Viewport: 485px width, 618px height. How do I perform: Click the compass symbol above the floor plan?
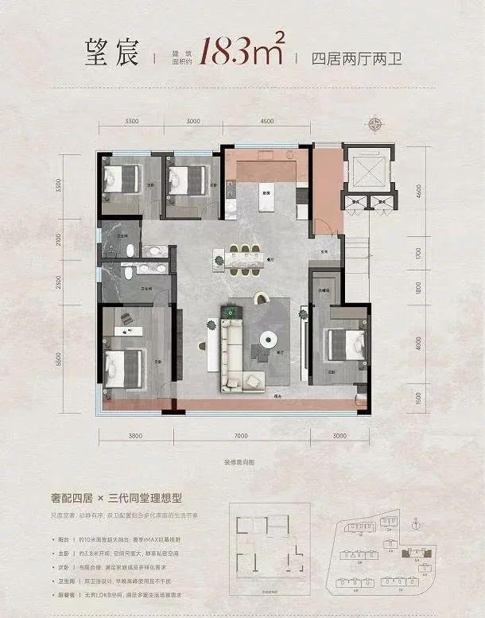(x=376, y=124)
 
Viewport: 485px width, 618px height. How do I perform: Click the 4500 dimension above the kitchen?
(x=267, y=120)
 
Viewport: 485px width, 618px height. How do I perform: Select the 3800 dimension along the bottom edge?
(x=134, y=436)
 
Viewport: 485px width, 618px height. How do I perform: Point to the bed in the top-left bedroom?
(x=120, y=178)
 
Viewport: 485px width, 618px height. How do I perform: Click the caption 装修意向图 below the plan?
(x=242, y=463)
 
